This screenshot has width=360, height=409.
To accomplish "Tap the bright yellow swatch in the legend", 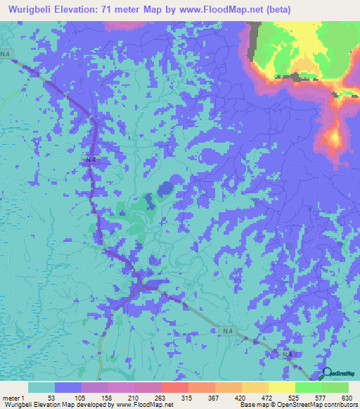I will coord(282,387).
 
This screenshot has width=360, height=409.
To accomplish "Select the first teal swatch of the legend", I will coord(41,387).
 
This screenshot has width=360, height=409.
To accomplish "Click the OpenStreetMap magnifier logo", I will coord(326,375).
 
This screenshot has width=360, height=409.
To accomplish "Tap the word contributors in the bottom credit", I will coord(338,404).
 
